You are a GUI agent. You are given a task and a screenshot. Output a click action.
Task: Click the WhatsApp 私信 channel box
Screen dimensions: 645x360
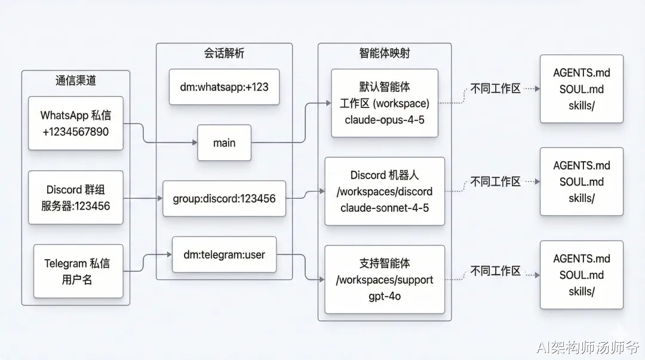tap(76, 123)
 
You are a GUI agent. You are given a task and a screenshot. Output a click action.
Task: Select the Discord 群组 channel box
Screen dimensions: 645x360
tap(76, 198)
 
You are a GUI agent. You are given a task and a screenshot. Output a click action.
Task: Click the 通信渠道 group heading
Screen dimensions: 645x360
tap(76, 80)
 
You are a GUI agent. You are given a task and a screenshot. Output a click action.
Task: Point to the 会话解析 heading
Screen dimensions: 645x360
tap(224, 53)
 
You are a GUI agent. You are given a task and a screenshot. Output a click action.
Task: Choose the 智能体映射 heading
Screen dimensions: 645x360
tap(385, 53)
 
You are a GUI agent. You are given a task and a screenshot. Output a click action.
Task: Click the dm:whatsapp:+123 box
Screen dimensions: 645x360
tap(224, 87)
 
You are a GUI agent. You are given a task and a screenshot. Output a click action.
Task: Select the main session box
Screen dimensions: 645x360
tap(224, 143)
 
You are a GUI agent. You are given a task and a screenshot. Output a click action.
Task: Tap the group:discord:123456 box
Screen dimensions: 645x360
tap(224, 198)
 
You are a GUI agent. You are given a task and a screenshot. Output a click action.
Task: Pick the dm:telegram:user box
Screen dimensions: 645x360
tap(224, 254)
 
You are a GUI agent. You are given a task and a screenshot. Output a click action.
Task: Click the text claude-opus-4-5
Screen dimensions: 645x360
tap(385, 120)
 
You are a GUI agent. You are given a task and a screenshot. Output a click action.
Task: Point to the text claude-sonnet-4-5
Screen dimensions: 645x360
tap(385, 208)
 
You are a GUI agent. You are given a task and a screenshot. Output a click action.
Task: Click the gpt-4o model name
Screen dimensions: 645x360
tap(385, 296)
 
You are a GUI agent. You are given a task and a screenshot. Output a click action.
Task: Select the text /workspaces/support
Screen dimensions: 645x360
tap(385, 280)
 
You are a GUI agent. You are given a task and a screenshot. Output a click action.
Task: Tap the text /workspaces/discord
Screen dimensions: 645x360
tap(385, 191)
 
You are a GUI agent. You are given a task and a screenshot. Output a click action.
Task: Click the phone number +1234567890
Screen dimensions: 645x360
tap(76, 132)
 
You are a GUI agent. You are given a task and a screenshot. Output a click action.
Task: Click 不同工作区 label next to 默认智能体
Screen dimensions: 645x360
tap(496, 88)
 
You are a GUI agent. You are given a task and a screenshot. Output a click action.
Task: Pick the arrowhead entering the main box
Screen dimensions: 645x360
tap(195, 143)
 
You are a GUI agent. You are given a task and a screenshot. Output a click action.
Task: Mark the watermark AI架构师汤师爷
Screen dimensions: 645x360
tap(588, 347)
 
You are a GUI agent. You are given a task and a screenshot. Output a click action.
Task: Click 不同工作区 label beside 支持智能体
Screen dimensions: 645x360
tap(496, 270)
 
